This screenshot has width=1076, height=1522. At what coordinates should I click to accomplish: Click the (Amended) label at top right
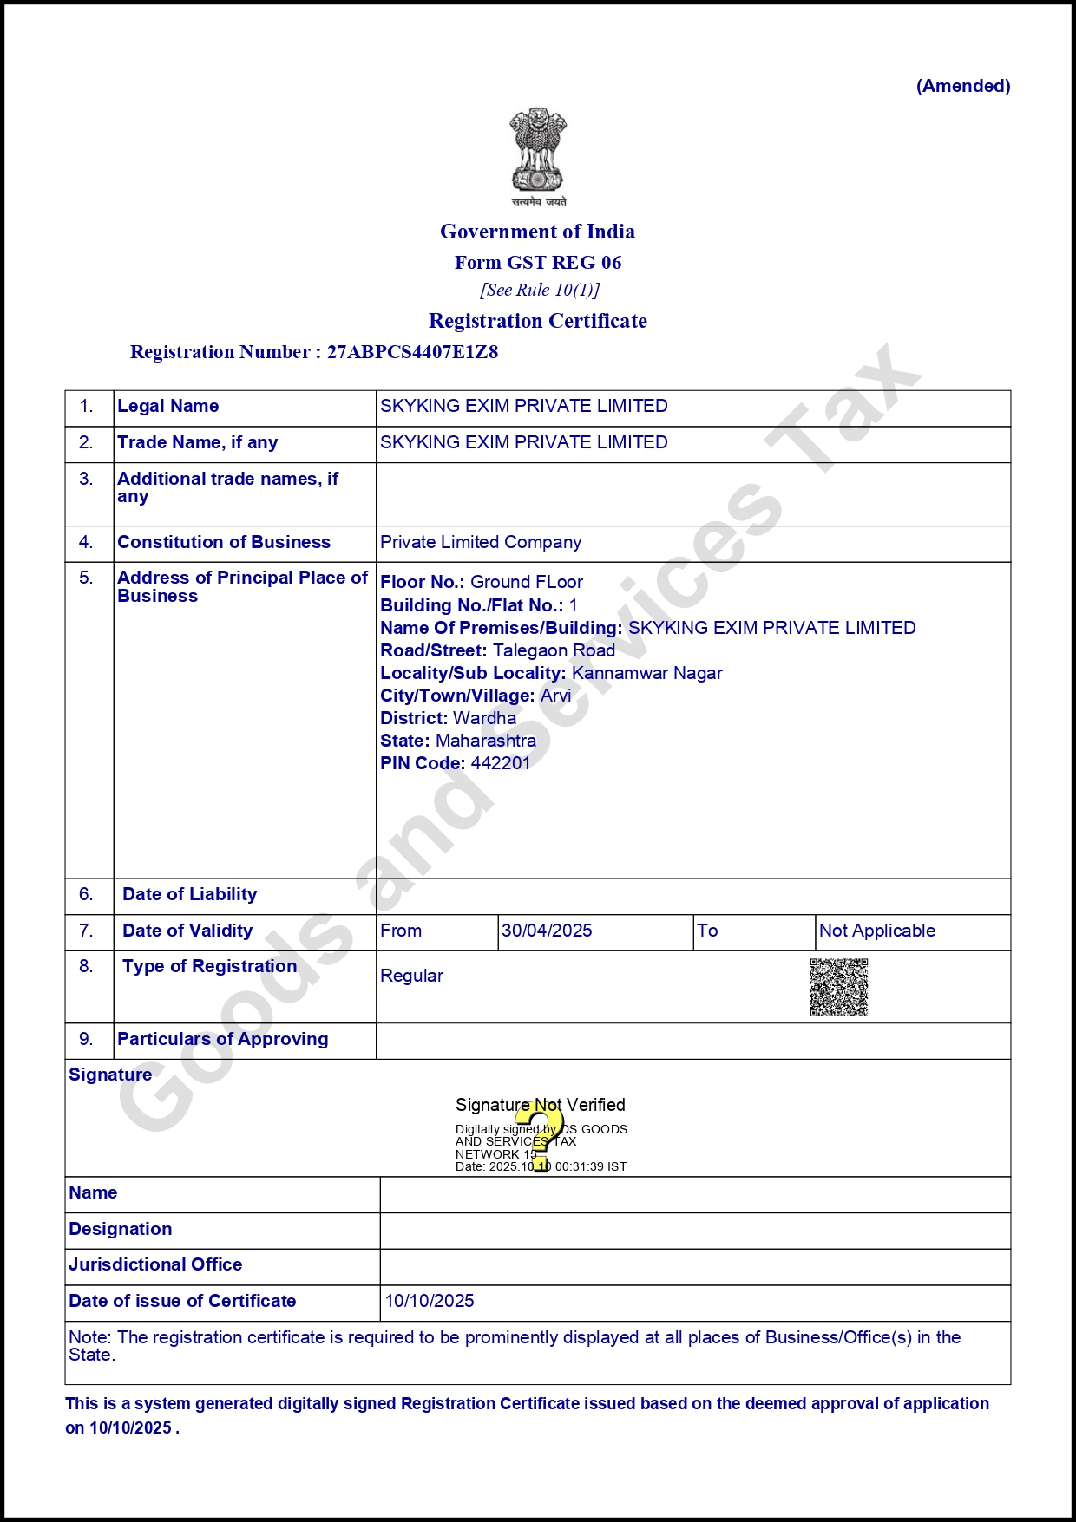pos(963,86)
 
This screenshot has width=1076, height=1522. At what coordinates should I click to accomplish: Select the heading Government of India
pos(537,232)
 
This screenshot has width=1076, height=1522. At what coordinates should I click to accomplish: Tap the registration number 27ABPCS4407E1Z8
pos(412,352)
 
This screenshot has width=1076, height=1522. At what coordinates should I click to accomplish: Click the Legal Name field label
pos(167,406)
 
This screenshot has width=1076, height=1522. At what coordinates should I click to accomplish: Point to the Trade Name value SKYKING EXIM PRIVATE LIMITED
pos(523,442)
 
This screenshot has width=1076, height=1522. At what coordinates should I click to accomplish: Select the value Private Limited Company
pos(481,542)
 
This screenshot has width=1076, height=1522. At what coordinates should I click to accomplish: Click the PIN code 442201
pos(500,763)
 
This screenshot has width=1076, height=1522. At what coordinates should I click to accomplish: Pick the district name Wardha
pos(484,718)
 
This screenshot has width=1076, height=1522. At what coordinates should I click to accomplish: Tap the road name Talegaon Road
pos(554,650)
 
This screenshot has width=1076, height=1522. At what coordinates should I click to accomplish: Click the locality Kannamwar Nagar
pos(646,673)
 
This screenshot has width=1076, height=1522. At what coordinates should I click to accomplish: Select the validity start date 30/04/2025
pos(547,931)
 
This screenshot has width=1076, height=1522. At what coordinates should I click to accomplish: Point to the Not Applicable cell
pos(876,931)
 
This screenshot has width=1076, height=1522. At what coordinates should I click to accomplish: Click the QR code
pos(838,987)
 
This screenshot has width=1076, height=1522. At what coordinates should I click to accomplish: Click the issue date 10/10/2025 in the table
pos(430,1301)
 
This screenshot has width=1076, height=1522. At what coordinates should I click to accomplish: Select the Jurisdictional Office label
pos(155,1264)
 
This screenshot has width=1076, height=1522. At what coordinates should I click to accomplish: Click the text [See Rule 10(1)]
pos(540,290)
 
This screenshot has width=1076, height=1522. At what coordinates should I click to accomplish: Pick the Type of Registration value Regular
pos(411,976)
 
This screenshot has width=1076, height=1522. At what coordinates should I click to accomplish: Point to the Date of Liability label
pos(189,894)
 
